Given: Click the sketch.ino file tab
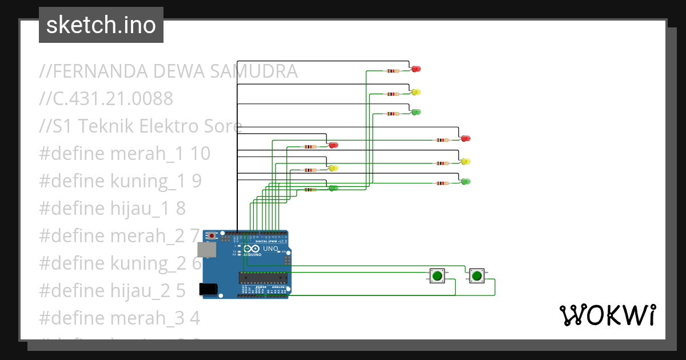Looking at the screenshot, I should (101, 25).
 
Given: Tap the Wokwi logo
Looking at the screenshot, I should (607, 315).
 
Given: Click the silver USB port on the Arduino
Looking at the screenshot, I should (206, 250).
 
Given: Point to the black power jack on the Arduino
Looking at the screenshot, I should (208, 289).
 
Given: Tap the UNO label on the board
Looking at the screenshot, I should (270, 249).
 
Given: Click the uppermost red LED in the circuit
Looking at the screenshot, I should (416, 69).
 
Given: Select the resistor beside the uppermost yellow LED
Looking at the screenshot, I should (393, 94).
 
